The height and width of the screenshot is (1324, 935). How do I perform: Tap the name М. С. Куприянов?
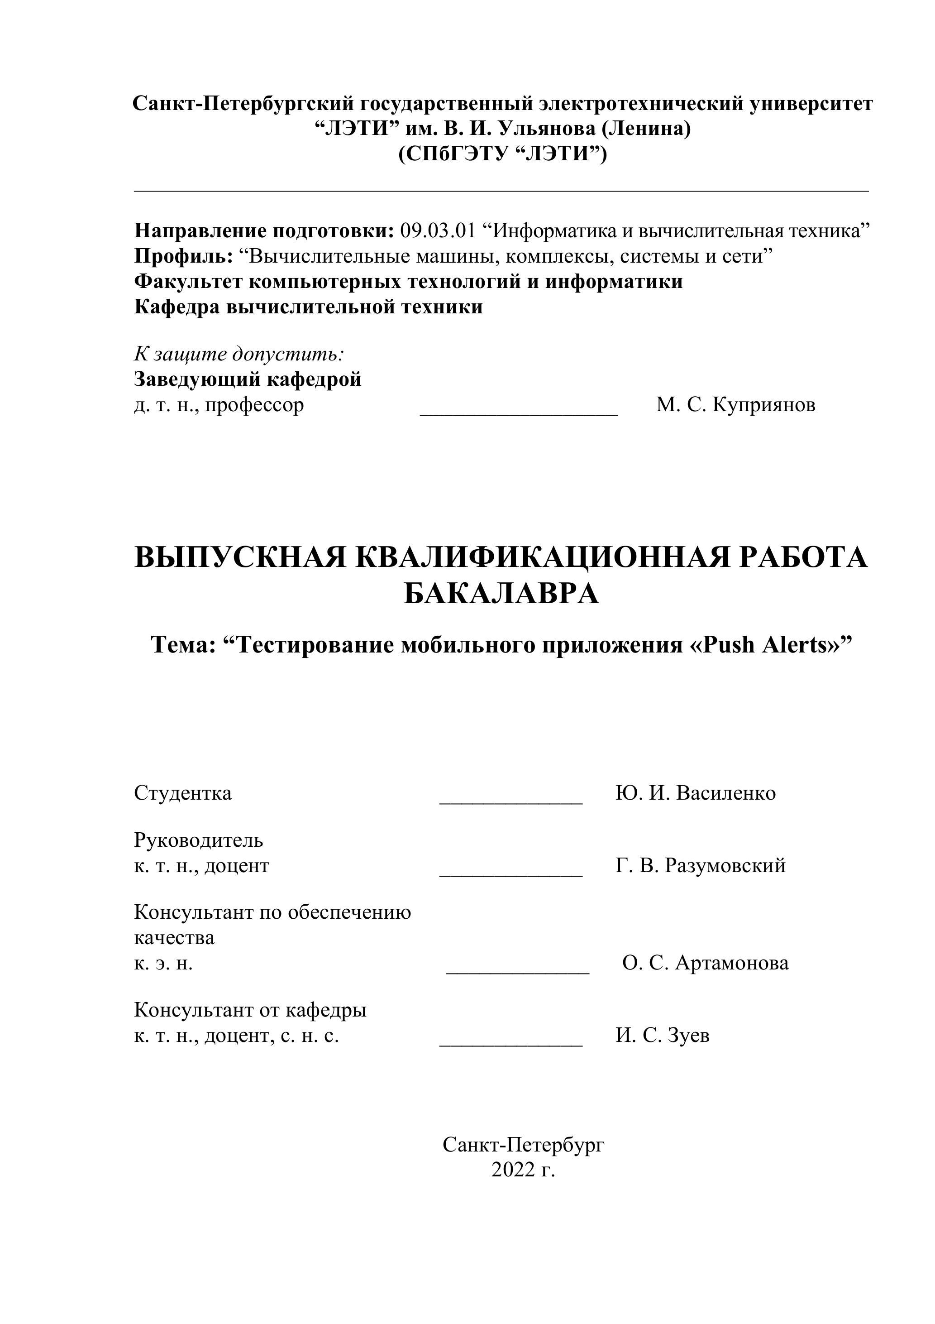[735, 405]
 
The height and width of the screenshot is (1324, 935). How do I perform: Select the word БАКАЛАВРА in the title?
[501, 594]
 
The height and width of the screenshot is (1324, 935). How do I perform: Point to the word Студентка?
[183, 793]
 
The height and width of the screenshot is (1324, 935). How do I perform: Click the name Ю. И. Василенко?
[695, 793]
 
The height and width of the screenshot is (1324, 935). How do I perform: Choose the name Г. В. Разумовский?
[701, 866]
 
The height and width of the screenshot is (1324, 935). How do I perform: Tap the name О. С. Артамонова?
[705, 963]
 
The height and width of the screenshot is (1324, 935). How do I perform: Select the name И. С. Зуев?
[663, 1036]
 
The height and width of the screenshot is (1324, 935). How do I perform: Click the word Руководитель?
[198, 840]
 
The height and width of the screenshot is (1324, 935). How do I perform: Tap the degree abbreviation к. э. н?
[163, 963]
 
